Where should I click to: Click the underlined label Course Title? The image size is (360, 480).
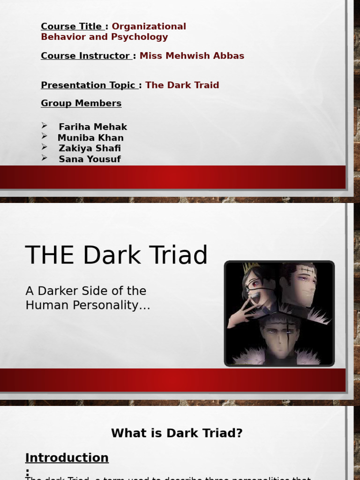71,27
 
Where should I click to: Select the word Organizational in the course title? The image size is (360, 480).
149,27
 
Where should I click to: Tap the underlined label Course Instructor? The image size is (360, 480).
85,56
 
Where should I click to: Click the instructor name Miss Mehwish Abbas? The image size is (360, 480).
192,56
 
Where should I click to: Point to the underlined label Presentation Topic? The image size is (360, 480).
88,85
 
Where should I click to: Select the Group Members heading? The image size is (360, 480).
81,103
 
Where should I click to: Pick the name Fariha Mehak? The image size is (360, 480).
93,127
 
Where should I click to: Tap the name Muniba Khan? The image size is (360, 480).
90,138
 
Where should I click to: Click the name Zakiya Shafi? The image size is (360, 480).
90,149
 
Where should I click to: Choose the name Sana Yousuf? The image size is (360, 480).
90,159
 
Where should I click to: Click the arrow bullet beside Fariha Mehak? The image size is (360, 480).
45,126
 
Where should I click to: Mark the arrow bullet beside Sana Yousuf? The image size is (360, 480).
45,158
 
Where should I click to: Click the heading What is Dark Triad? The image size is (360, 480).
177,433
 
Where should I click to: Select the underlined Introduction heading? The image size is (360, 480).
67,458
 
